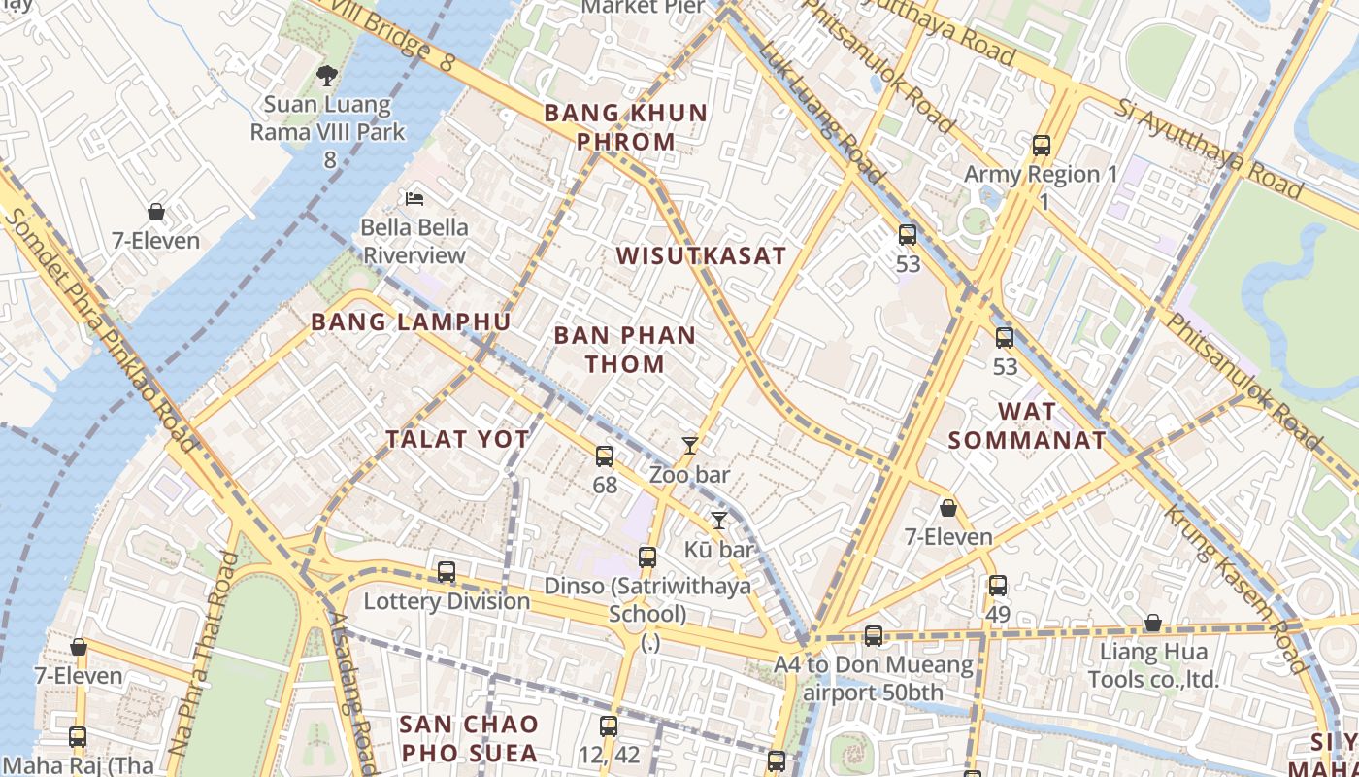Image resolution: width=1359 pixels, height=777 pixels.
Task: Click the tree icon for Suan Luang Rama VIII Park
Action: pyautogui.click(x=328, y=75)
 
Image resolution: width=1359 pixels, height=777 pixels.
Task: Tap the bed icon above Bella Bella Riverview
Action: pyautogui.click(x=414, y=199)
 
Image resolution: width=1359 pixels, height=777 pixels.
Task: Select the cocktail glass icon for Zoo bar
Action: pyautogui.click(x=689, y=446)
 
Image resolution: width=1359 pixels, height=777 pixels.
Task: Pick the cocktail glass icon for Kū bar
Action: pyautogui.click(x=718, y=521)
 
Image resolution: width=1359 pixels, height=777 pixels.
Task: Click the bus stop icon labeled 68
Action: pyautogui.click(x=605, y=456)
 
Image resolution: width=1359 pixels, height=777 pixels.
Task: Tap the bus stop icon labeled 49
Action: pyautogui.click(x=998, y=586)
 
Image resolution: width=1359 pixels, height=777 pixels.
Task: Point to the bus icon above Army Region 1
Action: pyautogui.click(x=1042, y=146)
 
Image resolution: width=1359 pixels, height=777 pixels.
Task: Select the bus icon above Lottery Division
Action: pyautogui.click(x=447, y=572)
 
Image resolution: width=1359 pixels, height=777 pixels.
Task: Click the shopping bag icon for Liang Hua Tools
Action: pyautogui.click(x=1153, y=623)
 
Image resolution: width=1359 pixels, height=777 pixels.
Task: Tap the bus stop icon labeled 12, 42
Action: pyautogui.click(x=608, y=726)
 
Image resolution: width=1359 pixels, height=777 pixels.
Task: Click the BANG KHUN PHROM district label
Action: pyautogui.click(x=625, y=127)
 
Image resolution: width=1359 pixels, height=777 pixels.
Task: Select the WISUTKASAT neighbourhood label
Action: pyautogui.click(x=701, y=256)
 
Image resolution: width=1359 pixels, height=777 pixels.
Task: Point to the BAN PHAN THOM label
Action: pyautogui.click(x=624, y=350)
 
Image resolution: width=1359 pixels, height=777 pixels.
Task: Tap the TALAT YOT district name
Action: pyautogui.click(x=458, y=439)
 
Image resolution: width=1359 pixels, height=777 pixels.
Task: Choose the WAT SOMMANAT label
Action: pyautogui.click(x=1026, y=425)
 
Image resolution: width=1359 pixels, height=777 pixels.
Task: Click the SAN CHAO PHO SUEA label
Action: pyautogui.click(x=469, y=738)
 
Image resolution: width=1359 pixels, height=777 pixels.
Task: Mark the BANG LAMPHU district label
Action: pyautogui.click(x=411, y=322)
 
